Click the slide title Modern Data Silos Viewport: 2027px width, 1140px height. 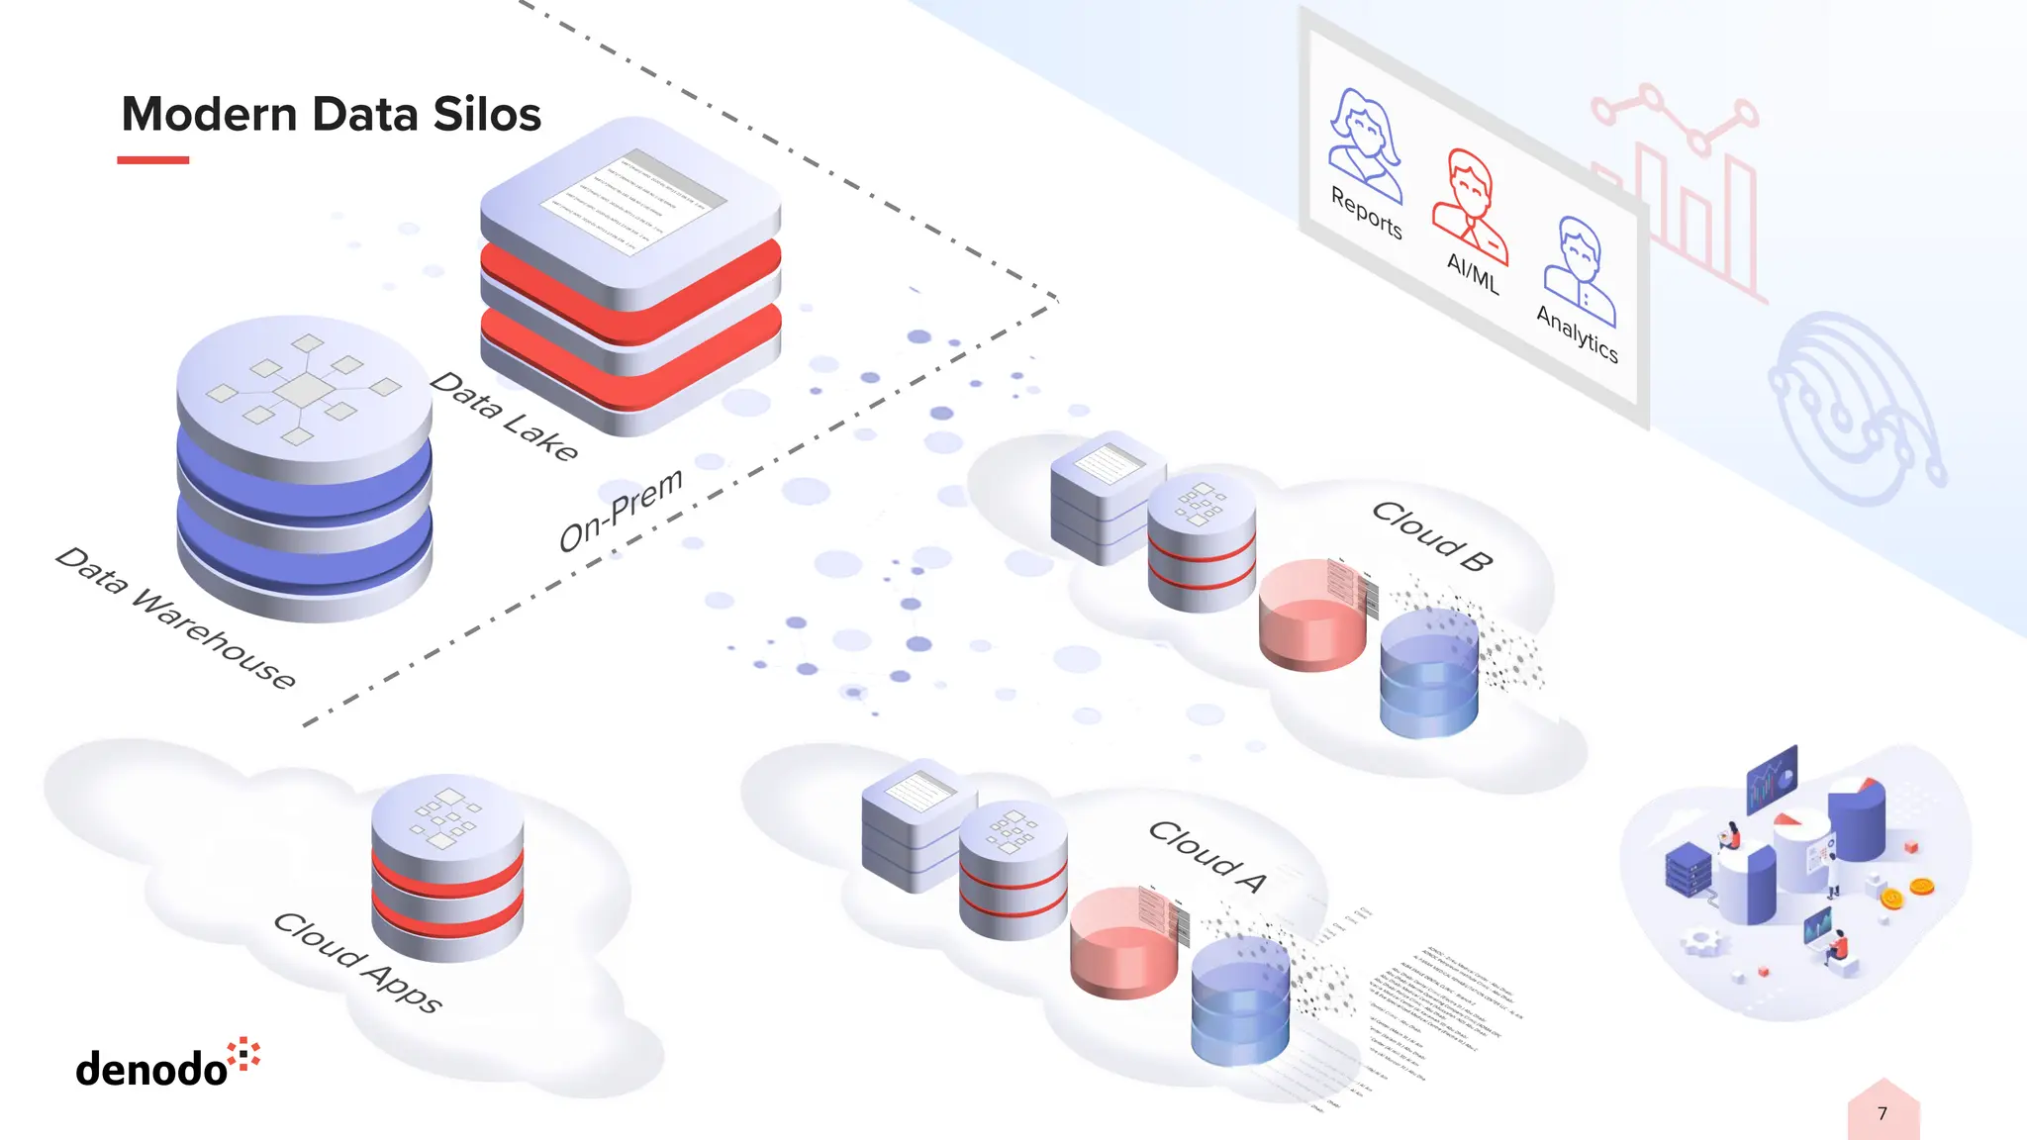[331, 114]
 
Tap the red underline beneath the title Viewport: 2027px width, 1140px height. [152, 159]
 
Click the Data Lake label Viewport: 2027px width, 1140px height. [504, 417]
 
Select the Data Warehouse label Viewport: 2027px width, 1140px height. [175, 617]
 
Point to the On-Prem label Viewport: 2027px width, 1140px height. [621, 510]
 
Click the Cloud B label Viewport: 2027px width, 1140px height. [1432, 535]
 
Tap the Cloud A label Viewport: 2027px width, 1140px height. [1207, 856]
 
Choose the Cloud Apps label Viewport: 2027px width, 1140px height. [357, 962]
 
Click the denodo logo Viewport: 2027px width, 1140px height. [167, 1064]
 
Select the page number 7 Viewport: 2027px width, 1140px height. [1882, 1113]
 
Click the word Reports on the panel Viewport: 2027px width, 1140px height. [1366, 213]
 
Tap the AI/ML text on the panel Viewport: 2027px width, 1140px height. [1473, 273]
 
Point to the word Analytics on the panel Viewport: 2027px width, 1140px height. [1578, 333]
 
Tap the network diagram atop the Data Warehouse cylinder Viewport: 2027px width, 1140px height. [303, 389]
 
